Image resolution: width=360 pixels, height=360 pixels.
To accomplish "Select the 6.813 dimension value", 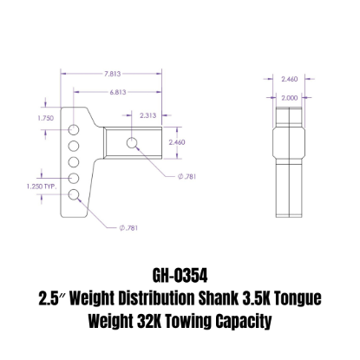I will coord(112,90).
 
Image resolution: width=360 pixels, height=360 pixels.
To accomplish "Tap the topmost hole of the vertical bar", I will coord(75,127).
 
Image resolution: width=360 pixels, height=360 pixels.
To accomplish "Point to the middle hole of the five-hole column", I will coord(75,160).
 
